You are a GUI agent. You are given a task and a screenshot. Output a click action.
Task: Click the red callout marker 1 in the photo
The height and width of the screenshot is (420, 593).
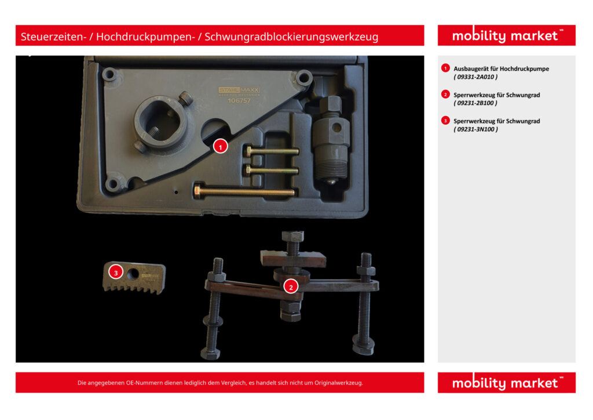(221, 147)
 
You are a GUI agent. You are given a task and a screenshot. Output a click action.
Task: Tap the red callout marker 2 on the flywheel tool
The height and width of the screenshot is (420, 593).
(291, 287)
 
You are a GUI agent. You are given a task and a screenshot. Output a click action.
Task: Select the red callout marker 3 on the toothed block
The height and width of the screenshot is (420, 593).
(116, 272)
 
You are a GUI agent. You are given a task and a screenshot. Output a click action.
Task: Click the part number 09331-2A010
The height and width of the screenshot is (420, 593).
(475, 77)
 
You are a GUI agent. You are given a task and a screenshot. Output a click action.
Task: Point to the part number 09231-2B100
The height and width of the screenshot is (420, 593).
(475, 103)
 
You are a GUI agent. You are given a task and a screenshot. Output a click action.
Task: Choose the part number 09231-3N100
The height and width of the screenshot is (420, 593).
(475, 129)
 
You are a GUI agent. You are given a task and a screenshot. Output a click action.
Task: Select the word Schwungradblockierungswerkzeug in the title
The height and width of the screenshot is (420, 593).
(291, 37)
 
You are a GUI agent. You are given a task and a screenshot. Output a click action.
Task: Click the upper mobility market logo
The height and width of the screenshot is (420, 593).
(507, 35)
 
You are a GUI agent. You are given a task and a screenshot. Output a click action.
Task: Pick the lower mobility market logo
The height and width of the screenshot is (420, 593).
(507, 383)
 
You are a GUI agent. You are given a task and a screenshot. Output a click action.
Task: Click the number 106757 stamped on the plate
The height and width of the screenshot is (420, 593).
(239, 101)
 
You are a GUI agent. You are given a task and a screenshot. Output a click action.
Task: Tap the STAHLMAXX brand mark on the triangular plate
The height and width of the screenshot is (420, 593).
(239, 90)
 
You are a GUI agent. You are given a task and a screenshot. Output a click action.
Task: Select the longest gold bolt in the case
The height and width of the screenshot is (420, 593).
(245, 191)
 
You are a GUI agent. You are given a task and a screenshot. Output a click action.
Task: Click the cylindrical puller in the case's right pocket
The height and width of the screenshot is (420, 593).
(332, 140)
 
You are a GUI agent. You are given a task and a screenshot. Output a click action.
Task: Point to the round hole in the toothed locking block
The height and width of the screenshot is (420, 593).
(133, 274)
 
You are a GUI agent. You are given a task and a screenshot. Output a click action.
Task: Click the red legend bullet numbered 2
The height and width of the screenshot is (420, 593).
(445, 95)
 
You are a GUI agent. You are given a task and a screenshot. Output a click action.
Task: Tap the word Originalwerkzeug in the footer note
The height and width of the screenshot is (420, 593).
(339, 383)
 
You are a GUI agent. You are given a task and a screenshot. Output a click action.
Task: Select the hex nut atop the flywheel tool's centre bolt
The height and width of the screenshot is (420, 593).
(292, 236)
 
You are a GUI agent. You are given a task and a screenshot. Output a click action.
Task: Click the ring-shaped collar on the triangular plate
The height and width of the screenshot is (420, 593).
(163, 122)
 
